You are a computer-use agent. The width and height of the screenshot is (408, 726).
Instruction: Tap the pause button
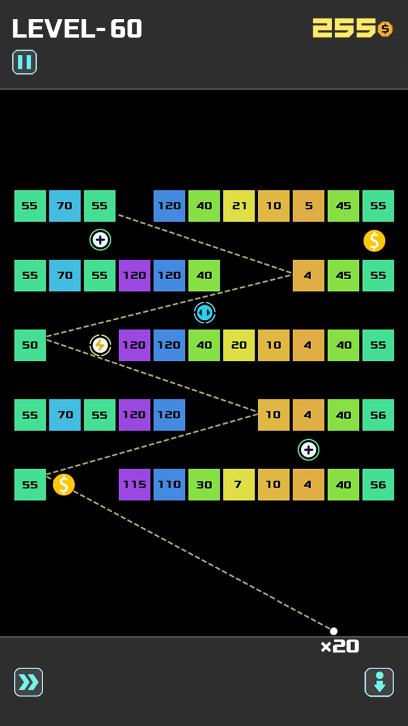(24, 62)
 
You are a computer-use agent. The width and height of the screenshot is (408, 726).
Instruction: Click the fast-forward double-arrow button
(29, 682)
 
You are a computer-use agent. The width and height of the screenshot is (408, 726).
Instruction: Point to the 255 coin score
(344, 28)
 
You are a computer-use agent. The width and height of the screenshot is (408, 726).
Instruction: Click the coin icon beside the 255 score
(385, 29)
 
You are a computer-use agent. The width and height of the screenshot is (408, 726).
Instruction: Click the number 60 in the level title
(126, 29)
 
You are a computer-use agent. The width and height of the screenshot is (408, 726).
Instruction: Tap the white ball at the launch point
(333, 631)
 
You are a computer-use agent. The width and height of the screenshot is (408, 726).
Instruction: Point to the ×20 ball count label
(340, 646)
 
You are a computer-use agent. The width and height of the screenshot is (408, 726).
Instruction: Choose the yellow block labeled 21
(239, 206)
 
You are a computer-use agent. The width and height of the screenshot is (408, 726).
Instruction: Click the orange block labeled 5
(309, 206)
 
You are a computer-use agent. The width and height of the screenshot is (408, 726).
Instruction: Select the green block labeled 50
(30, 345)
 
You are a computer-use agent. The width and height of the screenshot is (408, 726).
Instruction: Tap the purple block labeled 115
(135, 485)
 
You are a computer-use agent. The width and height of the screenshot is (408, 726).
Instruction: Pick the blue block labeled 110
(169, 485)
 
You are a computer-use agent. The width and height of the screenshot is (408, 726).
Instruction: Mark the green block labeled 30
(204, 485)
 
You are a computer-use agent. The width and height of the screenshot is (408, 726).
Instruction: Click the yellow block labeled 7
(239, 485)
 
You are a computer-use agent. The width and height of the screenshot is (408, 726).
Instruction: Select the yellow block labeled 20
(239, 345)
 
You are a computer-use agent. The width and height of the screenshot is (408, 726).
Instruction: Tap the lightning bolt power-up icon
(100, 345)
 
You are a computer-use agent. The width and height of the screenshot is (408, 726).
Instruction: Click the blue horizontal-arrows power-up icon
(204, 313)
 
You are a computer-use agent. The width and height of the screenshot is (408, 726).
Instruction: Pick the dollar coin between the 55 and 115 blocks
(64, 485)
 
